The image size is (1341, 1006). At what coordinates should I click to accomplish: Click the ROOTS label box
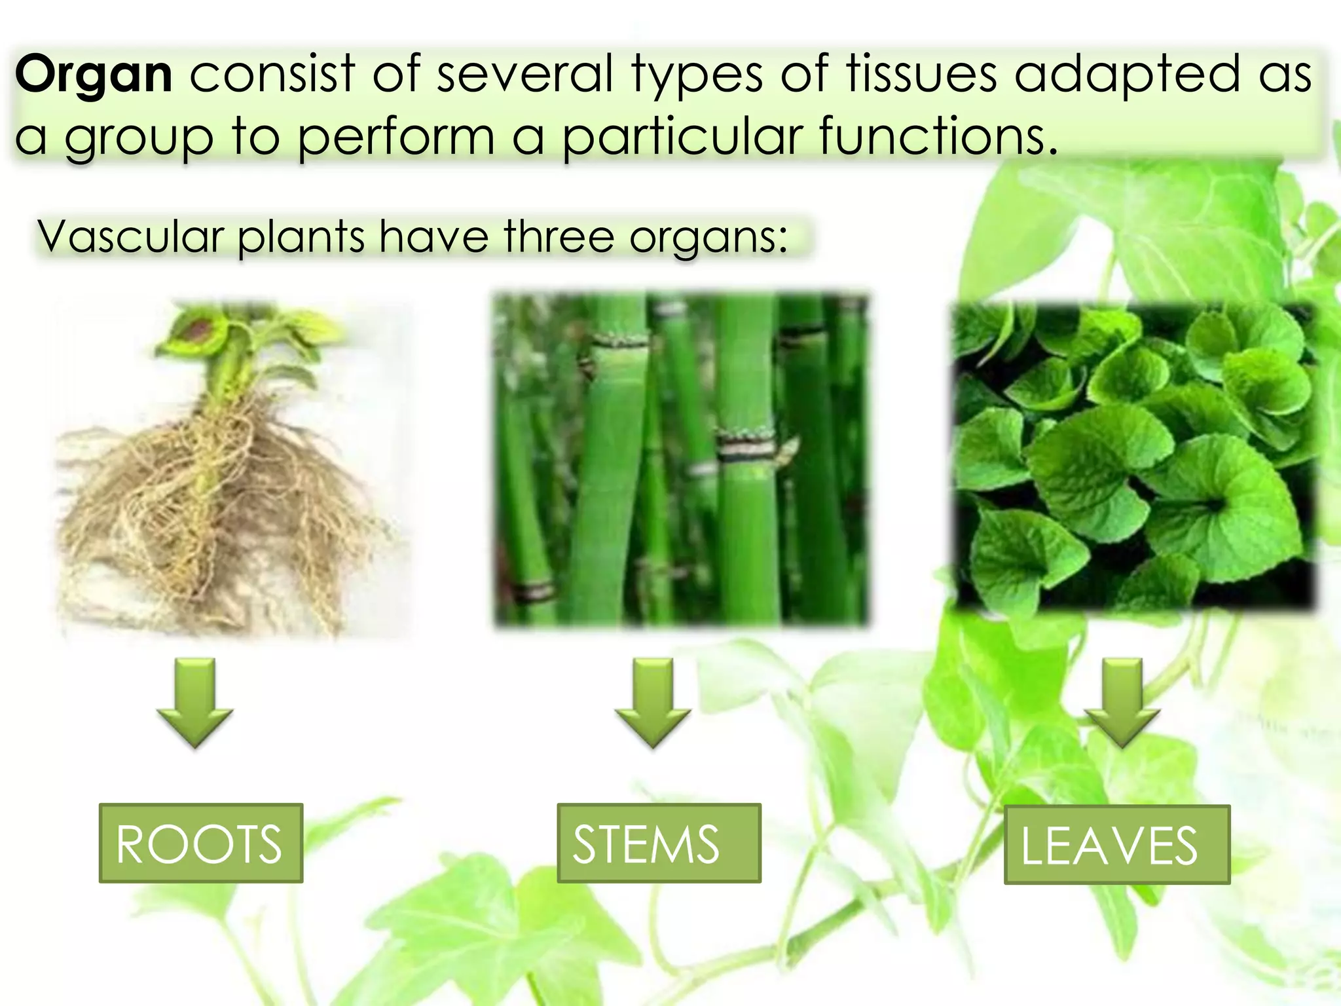click(200, 844)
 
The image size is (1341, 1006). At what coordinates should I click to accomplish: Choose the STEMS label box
click(659, 844)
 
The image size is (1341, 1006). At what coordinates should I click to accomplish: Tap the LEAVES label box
click(1117, 845)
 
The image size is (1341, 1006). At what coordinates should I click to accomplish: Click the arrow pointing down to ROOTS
click(195, 703)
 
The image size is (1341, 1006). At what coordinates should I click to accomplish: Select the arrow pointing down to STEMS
click(653, 703)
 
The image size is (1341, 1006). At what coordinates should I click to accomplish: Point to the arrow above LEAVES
click(1122, 703)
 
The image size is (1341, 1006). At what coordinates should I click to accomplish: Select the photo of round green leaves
click(1133, 458)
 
